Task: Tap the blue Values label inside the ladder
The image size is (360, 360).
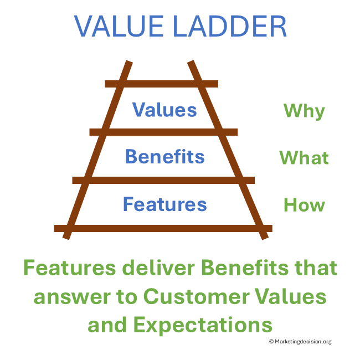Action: coord(164,109)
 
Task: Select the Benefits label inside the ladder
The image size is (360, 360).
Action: coord(164,156)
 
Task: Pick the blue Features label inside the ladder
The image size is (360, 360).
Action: coord(164,204)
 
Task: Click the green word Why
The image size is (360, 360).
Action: coord(304,111)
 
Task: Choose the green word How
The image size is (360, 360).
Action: coord(304,205)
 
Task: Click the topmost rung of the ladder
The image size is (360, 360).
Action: coord(161,84)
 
